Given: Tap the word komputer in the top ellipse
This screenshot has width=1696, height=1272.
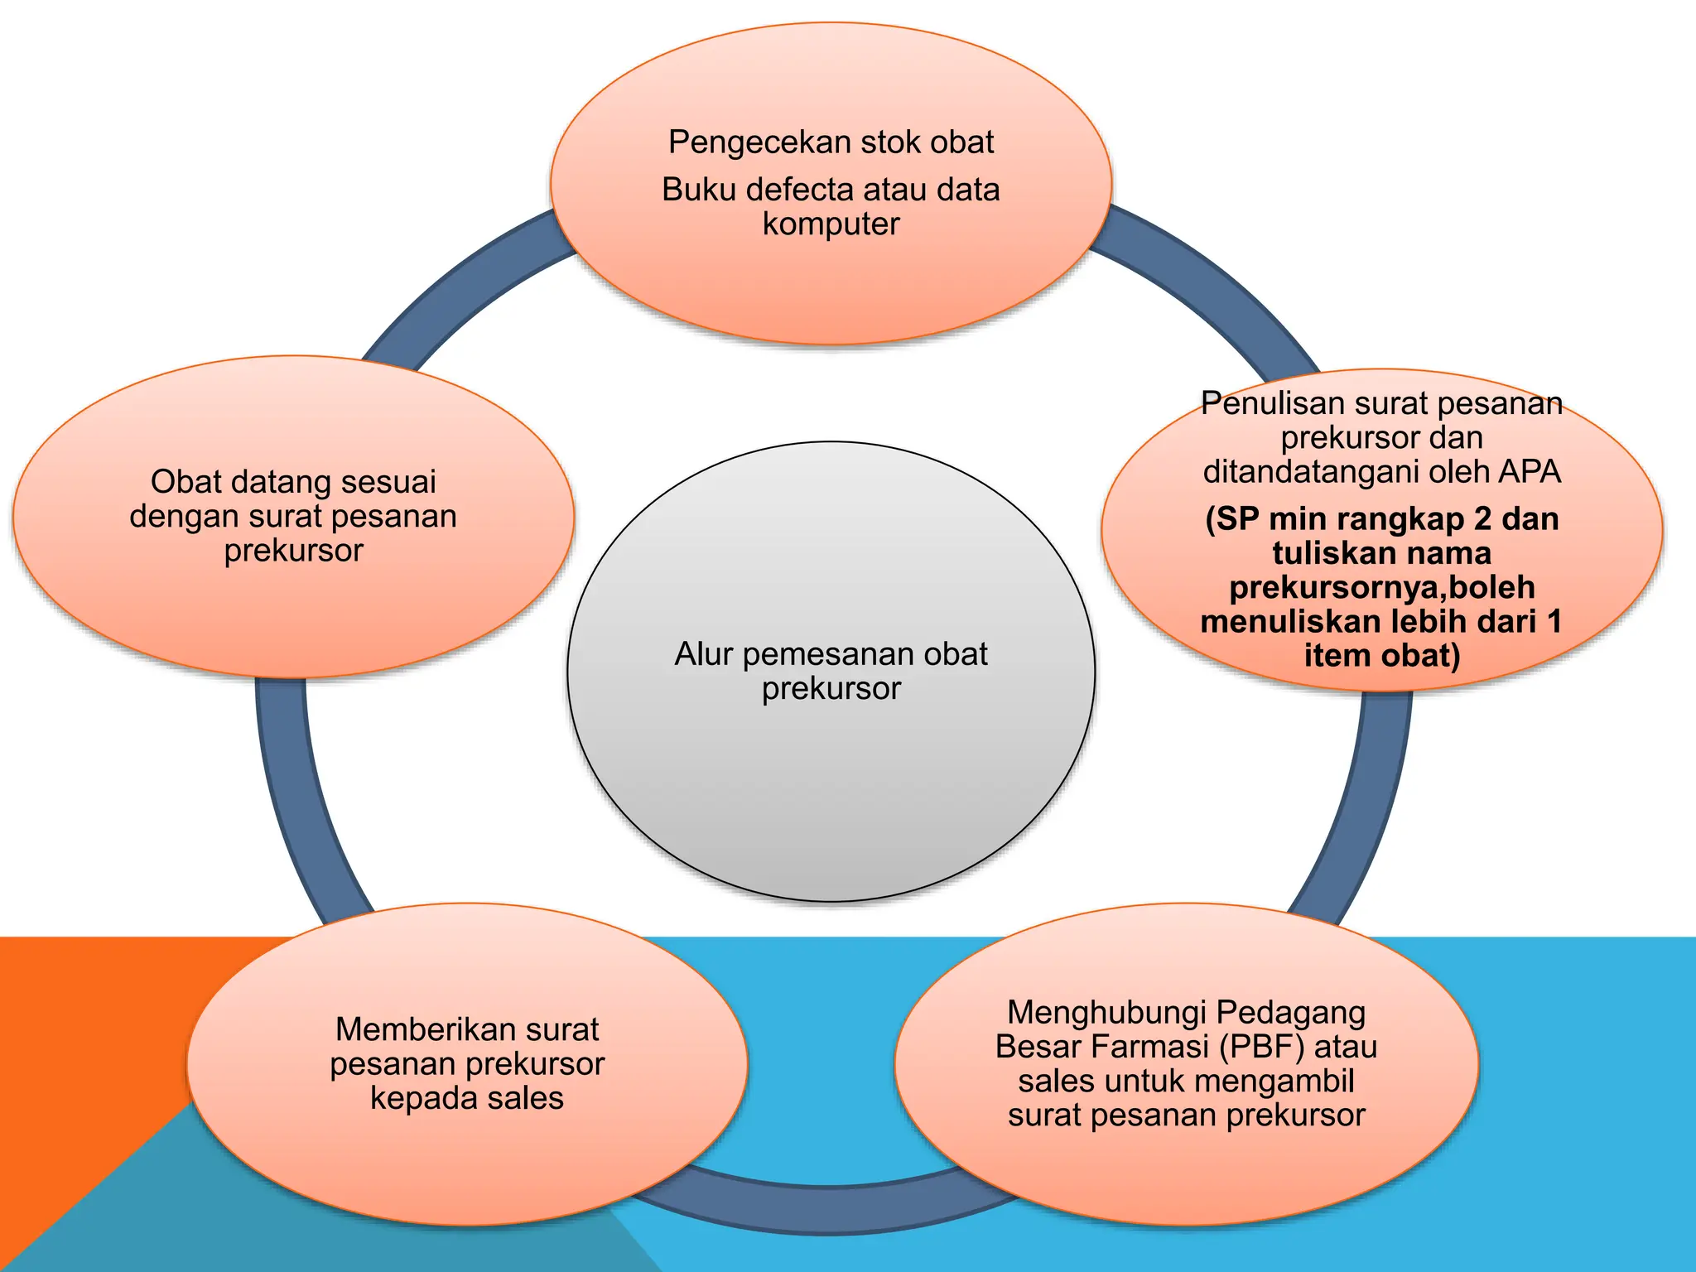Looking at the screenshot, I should coord(831,224).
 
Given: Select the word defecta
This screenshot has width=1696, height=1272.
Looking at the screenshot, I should coord(800,190).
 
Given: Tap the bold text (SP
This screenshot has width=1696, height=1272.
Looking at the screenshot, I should coord(1232,519).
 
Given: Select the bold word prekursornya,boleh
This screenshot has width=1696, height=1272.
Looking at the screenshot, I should coord(1381,587).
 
